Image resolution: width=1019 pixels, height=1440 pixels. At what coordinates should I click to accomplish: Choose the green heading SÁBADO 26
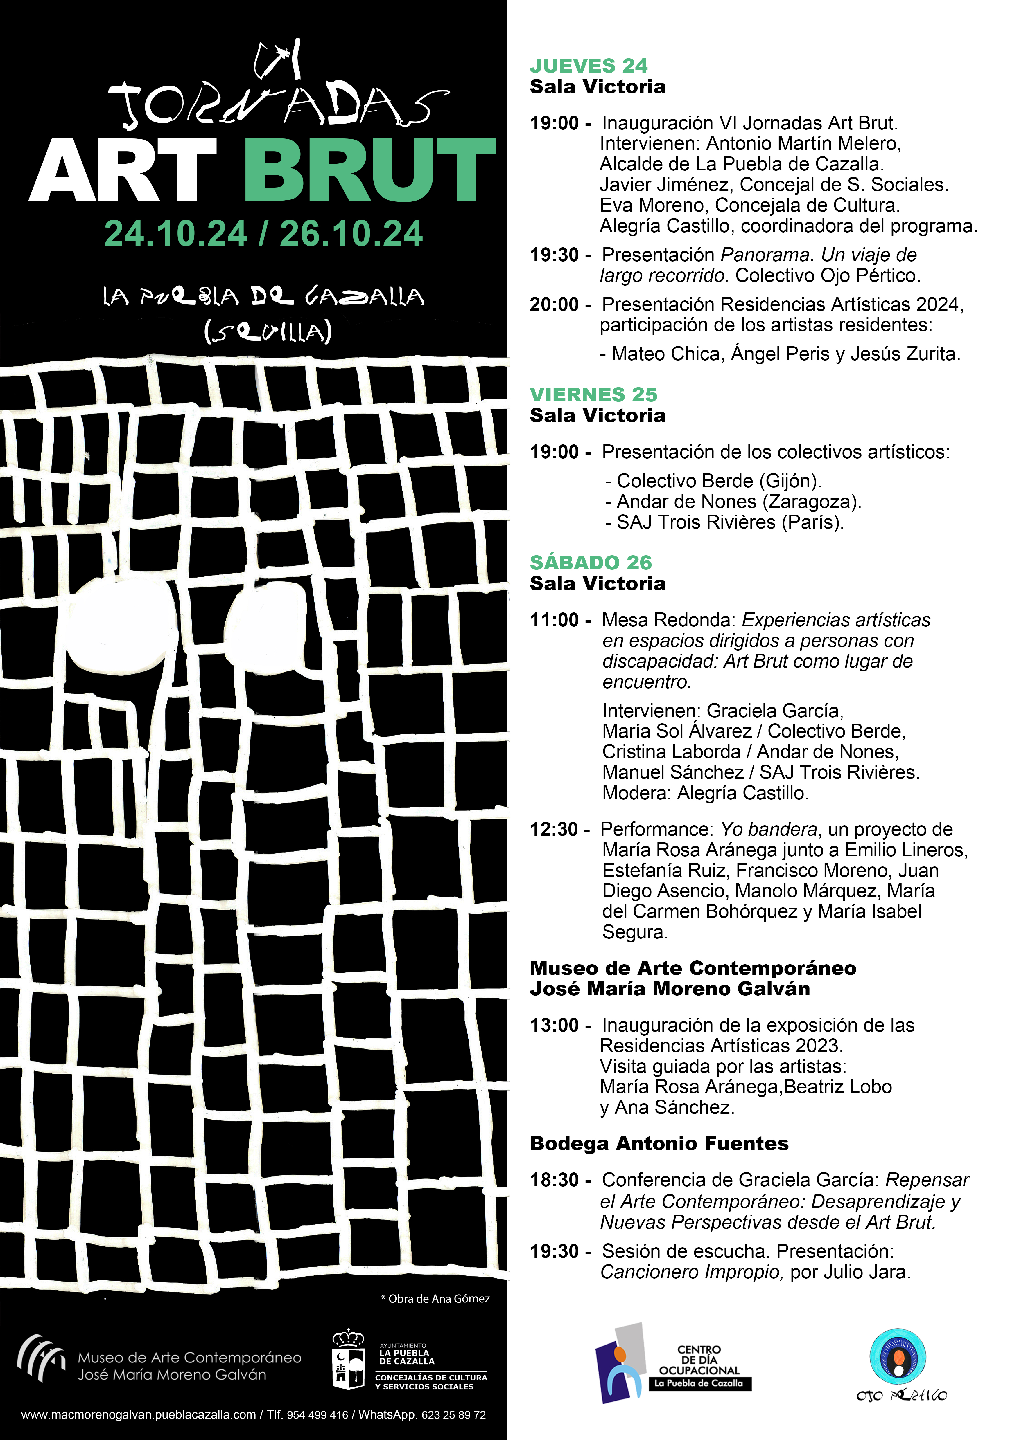(x=591, y=563)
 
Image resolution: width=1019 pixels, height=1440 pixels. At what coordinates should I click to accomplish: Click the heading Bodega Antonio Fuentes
(x=659, y=1143)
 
